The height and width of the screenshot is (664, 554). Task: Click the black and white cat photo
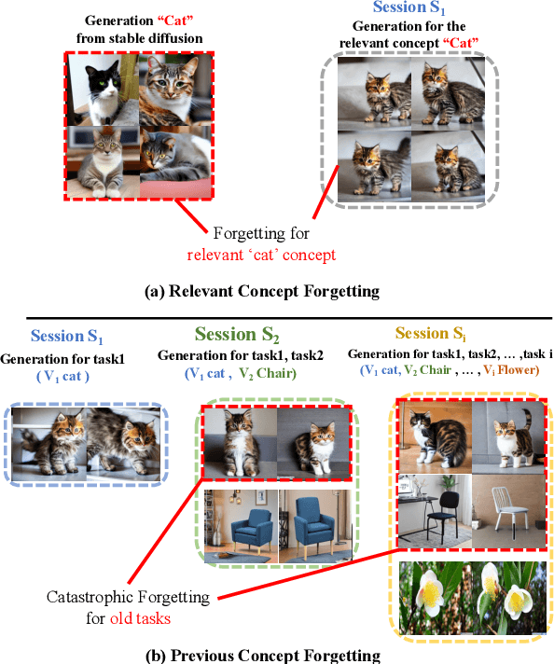coord(104,90)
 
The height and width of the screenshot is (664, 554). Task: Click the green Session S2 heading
coord(237,335)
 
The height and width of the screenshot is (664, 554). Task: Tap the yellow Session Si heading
coord(431,333)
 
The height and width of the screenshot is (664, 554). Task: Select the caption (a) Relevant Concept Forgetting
coord(262,291)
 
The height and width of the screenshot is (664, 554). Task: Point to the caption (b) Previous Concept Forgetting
coord(263,656)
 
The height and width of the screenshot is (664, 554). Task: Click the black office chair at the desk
coord(435,511)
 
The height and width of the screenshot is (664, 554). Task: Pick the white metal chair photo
coord(509,511)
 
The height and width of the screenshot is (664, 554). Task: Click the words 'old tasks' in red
coord(140,618)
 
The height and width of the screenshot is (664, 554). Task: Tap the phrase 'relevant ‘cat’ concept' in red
coord(261,255)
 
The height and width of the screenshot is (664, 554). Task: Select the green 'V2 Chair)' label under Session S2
coord(268,373)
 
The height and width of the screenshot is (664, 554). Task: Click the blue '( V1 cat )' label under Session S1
coord(62,376)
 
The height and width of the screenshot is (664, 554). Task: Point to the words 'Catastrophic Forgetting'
coord(128,597)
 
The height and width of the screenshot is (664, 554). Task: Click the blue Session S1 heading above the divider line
coord(409,7)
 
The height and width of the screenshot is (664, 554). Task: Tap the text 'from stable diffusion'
coord(139,38)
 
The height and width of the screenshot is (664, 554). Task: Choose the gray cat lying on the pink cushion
coord(175,161)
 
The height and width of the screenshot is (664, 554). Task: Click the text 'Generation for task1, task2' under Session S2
coord(240,355)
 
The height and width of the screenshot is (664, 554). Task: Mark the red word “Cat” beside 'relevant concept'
coord(461,43)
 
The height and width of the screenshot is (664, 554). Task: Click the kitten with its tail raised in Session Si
coord(509,437)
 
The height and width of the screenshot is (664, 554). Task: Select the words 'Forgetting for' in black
coord(261,233)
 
